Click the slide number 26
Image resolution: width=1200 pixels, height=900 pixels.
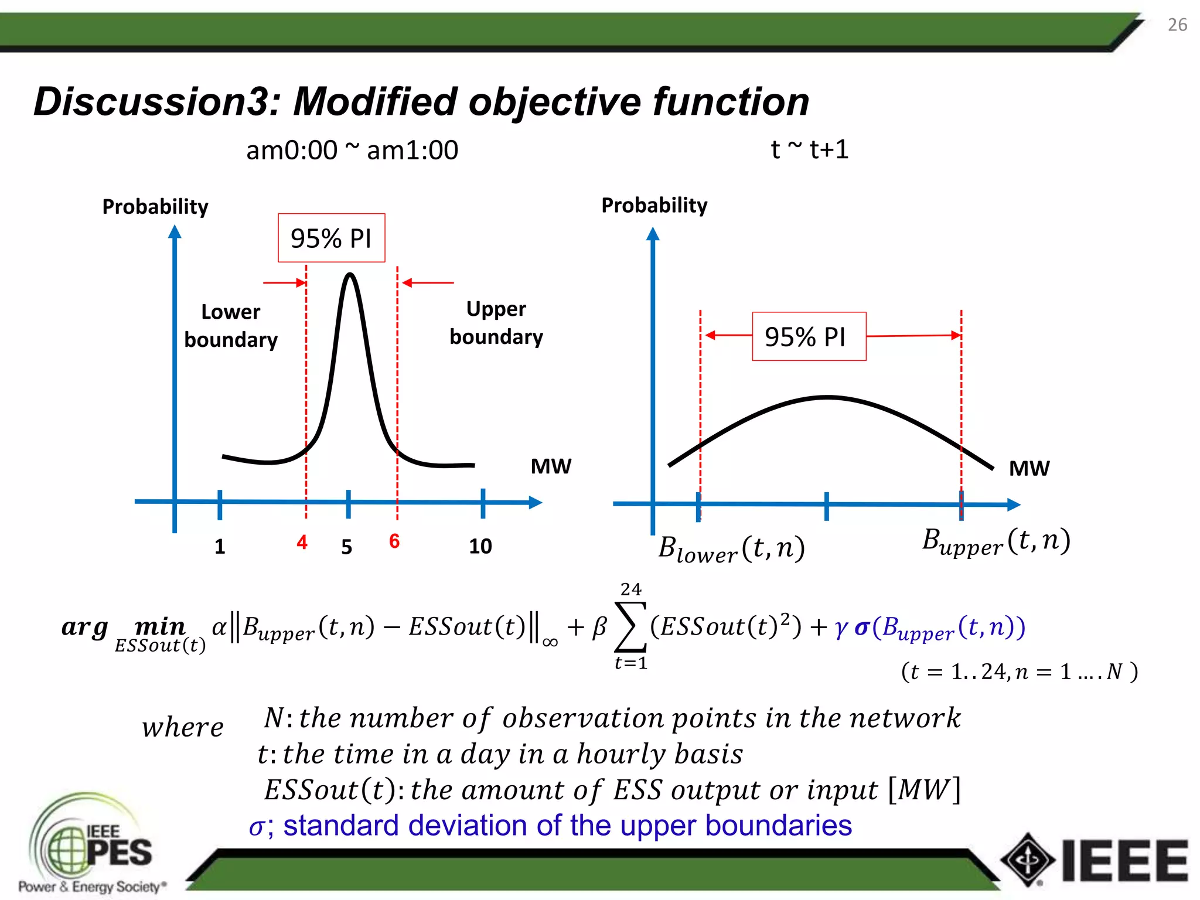pos(1177,25)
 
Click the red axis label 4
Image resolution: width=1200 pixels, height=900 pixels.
pos(302,542)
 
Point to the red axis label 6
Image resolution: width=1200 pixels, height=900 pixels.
pos(394,541)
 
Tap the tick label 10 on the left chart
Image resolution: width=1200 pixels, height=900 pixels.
pos(480,546)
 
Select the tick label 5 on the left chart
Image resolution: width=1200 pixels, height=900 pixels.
pos(347,547)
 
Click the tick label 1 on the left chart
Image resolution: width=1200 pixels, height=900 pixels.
pos(220,547)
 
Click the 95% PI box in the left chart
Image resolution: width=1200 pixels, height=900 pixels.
pos(331,238)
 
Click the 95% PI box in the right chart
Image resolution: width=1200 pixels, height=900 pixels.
pos(809,336)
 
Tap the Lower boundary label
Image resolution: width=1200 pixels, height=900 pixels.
pos(231,326)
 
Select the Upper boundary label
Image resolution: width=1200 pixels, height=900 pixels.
pos(496,323)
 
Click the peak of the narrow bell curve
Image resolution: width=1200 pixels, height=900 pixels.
pos(350,275)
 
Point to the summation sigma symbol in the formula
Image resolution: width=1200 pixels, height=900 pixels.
pos(630,627)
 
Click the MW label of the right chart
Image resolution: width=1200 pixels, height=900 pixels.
pos(1029,468)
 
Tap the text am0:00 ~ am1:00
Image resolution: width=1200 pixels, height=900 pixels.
pos(352,151)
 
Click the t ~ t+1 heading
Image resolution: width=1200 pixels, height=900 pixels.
pos(809,149)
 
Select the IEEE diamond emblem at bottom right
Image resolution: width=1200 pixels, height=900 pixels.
pos(1027,860)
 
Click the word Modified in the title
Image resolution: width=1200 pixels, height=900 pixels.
pos(375,102)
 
